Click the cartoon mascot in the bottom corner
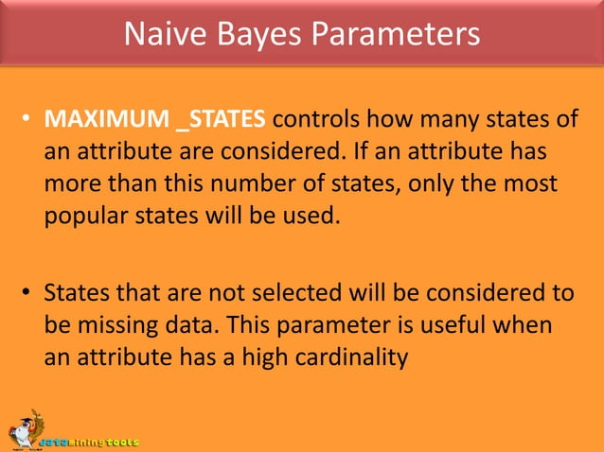(22, 431)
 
